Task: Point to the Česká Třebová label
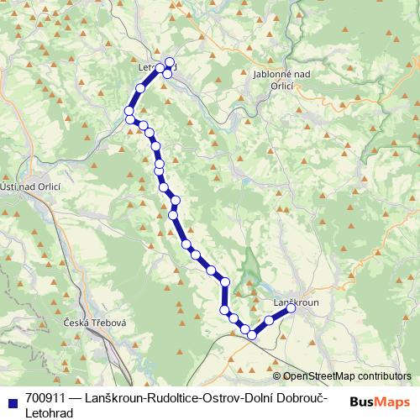click(x=94, y=323)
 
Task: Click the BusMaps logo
click(x=380, y=402)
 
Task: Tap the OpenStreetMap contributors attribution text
click(x=346, y=376)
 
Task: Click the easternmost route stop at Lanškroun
click(x=291, y=309)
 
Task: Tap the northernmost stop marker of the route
click(x=170, y=61)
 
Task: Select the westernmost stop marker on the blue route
click(x=129, y=111)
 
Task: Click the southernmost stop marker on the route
click(x=251, y=335)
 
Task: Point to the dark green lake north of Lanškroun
click(x=250, y=270)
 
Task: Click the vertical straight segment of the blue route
click(x=225, y=294)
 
